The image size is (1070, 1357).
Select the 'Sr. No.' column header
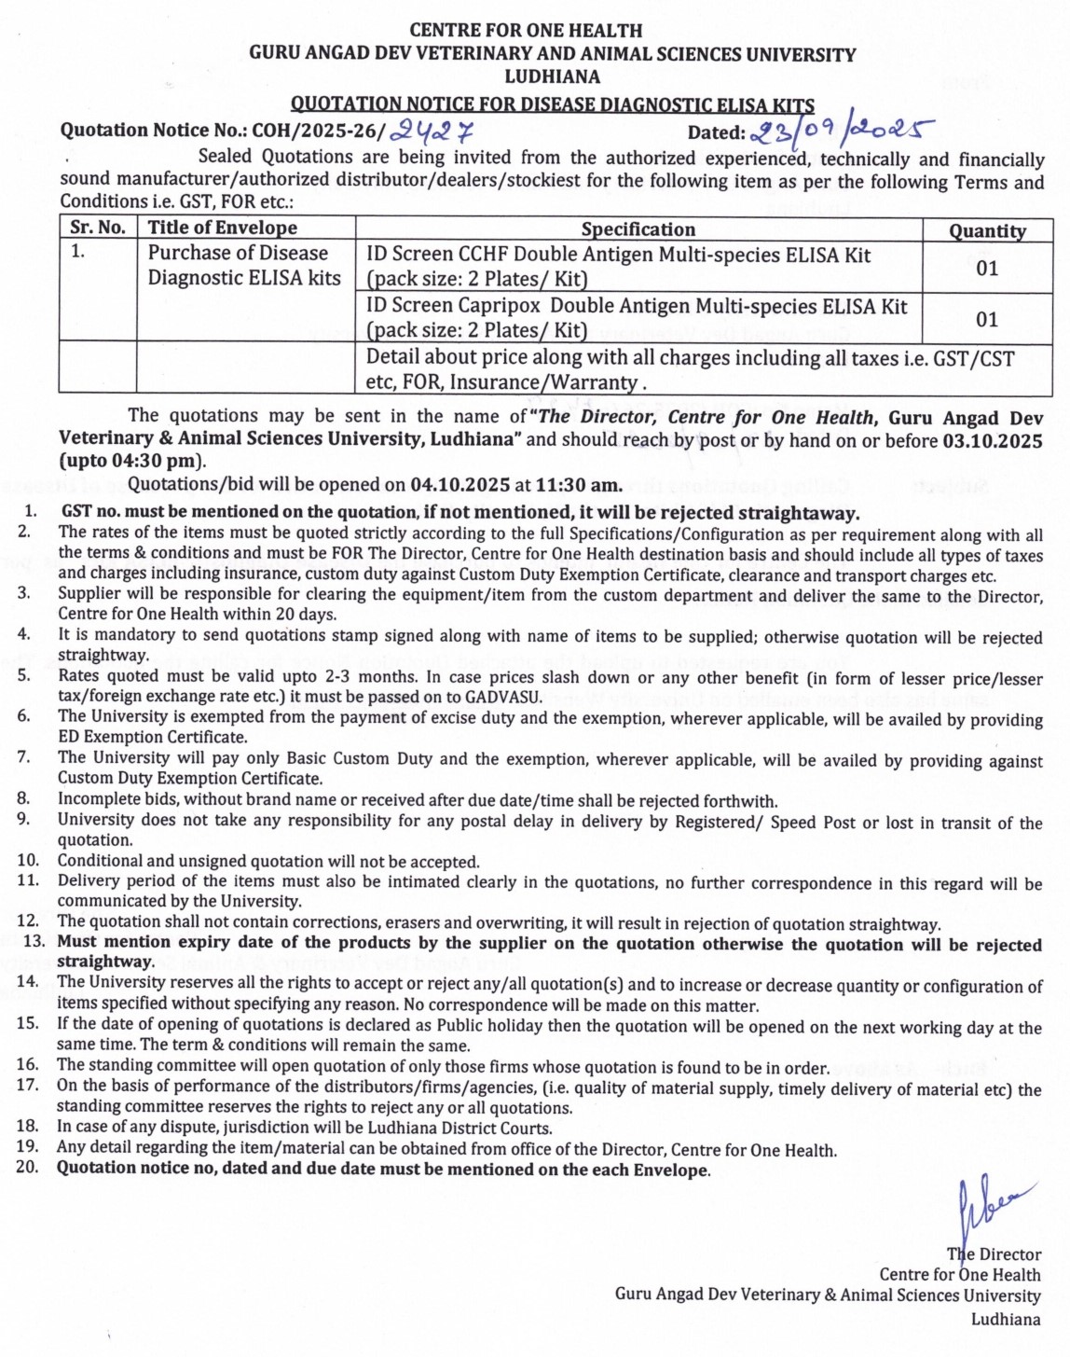[x=98, y=228]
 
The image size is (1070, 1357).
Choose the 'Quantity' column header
[x=987, y=230]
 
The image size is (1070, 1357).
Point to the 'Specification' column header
[x=638, y=229]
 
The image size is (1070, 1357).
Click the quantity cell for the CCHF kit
[x=987, y=269]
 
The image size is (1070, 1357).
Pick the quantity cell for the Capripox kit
[x=987, y=320]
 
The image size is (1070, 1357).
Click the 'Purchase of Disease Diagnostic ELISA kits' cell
[x=244, y=266]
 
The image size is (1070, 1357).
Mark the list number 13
[x=34, y=942]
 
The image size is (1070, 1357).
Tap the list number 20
[x=28, y=1168]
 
